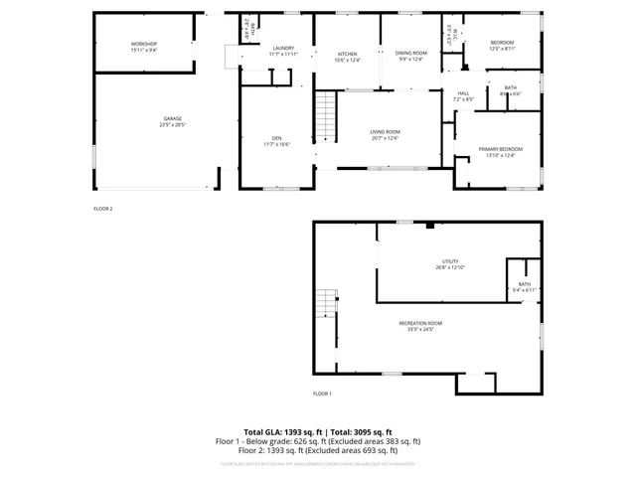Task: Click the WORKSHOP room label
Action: [144, 45]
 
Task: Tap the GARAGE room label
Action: [171, 118]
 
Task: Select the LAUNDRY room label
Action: [283, 48]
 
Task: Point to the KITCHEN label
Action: [347, 53]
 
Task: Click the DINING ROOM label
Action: [410, 53]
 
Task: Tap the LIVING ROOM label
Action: [385, 132]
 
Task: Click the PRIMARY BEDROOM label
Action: [504, 148]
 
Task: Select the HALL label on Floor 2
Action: [463, 93]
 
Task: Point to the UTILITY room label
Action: [450, 261]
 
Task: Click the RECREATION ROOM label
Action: [420, 323]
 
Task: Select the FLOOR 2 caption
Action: [103, 209]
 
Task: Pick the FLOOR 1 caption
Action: [322, 394]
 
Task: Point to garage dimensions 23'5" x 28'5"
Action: [171, 125]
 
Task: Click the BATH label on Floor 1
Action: [525, 285]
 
